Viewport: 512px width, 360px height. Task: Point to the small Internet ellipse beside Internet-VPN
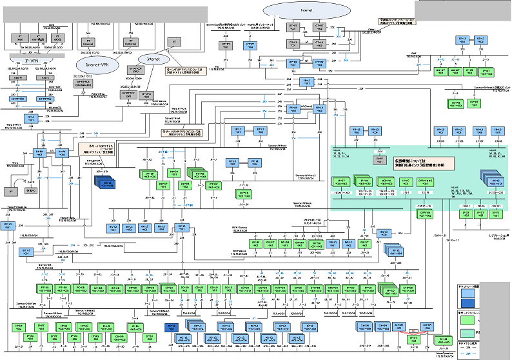point(152,59)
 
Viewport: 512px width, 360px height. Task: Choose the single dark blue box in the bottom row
point(172,328)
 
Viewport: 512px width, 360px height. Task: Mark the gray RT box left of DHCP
point(12,191)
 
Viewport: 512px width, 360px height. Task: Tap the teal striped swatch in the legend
point(469,330)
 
